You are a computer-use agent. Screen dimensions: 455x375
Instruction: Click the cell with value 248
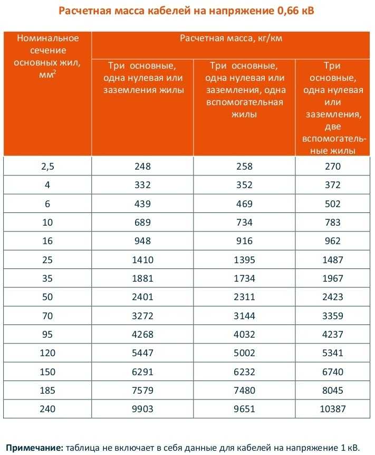click(x=142, y=166)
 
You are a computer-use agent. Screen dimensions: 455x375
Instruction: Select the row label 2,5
click(x=47, y=166)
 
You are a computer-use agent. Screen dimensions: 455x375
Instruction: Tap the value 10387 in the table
click(x=333, y=409)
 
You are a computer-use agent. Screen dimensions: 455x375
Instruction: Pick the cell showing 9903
click(x=142, y=409)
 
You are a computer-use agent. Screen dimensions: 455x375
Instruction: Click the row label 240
click(x=47, y=409)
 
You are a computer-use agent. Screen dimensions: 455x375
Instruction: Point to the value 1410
click(x=142, y=259)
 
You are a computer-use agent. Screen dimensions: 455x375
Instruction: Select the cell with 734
click(x=245, y=222)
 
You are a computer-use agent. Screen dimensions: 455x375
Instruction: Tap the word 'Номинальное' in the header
click(x=47, y=38)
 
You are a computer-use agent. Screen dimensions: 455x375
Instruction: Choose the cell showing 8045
click(x=333, y=391)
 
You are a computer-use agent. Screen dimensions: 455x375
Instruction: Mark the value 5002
click(x=245, y=353)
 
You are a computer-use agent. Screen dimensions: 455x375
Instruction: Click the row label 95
click(x=47, y=335)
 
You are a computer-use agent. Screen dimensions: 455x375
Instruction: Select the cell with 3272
click(x=142, y=316)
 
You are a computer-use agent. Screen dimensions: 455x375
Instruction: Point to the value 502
click(x=333, y=203)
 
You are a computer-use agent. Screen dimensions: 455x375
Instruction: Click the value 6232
click(x=245, y=372)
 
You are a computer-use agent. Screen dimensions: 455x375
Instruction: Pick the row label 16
click(x=47, y=241)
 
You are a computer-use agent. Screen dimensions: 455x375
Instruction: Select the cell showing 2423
click(x=333, y=297)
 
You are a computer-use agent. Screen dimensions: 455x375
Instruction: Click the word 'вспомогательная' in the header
click(x=245, y=102)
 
